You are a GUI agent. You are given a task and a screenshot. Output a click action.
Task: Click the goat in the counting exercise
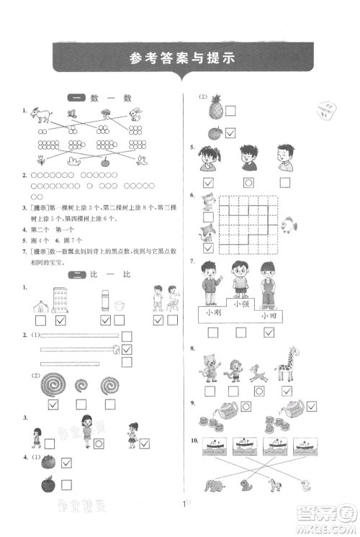pos(43,114)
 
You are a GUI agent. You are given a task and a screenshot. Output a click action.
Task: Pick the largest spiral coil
pos(53,384)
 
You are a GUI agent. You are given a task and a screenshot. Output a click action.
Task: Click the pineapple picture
pos(215,110)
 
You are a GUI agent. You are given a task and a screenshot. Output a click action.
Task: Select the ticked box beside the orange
pos(231,133)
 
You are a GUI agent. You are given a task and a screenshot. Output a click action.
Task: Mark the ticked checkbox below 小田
pos(269,332)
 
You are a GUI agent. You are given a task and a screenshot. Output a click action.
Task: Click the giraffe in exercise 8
pos(285,366)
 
